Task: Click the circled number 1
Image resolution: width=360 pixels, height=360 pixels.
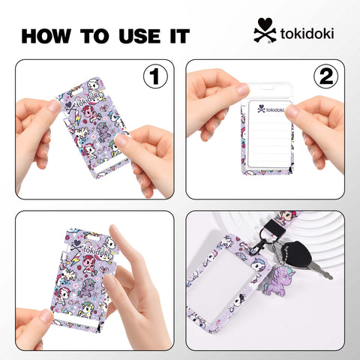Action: (154, 77)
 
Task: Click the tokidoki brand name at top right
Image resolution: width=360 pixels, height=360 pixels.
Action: (308, 34)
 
